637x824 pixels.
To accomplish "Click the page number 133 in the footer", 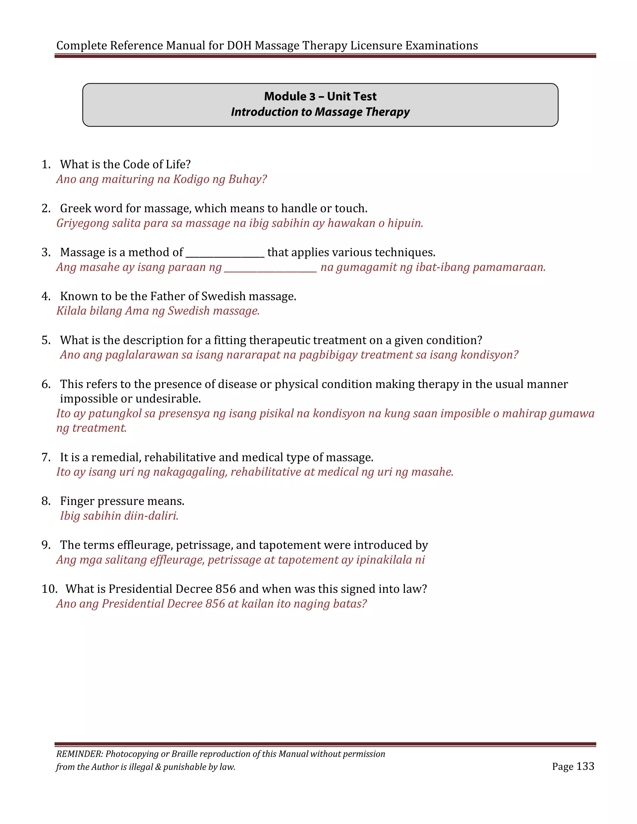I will (585, 766).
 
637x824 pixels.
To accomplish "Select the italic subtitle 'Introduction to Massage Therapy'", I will (320, 112).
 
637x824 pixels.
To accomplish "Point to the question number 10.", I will (49, 589).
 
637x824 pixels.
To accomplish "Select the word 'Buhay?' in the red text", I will (248, 179).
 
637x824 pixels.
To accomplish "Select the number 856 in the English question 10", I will (225, 589).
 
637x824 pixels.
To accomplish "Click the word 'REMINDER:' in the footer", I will (79, 754).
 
